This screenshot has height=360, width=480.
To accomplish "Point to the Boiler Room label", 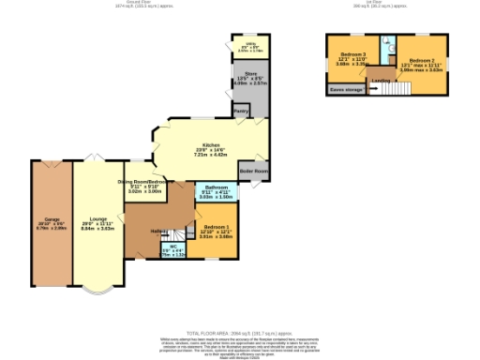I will point(254,172).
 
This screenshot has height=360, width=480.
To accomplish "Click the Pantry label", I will point(242,111).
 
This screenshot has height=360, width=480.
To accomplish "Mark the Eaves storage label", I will point(345,91).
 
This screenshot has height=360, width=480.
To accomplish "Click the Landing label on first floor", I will point(382,81).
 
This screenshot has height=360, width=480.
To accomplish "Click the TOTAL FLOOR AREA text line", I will point(239,334).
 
